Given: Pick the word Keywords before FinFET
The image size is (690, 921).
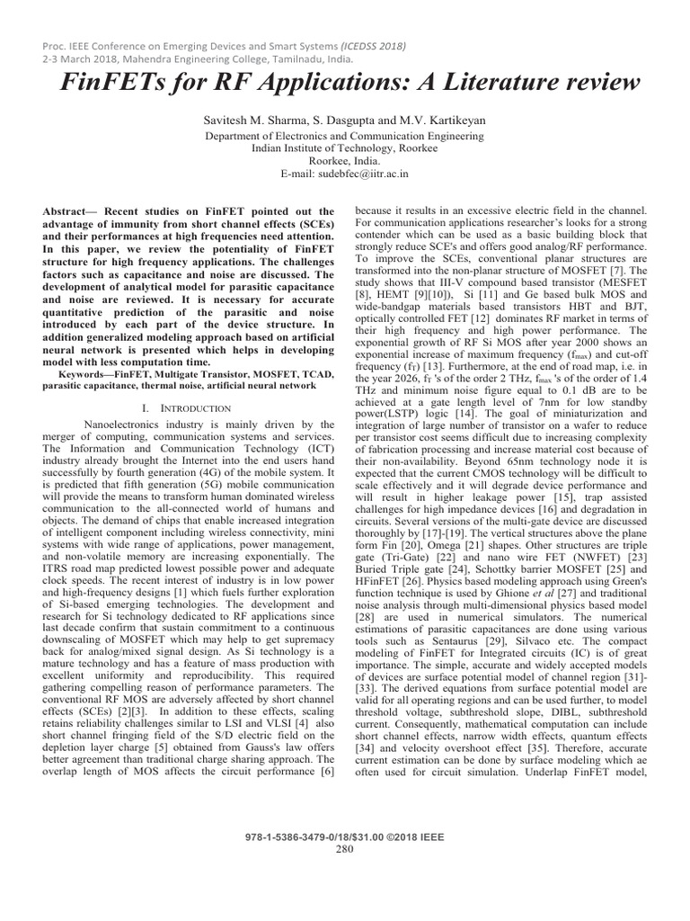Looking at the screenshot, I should pyautogui.click(x=87, y=371).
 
